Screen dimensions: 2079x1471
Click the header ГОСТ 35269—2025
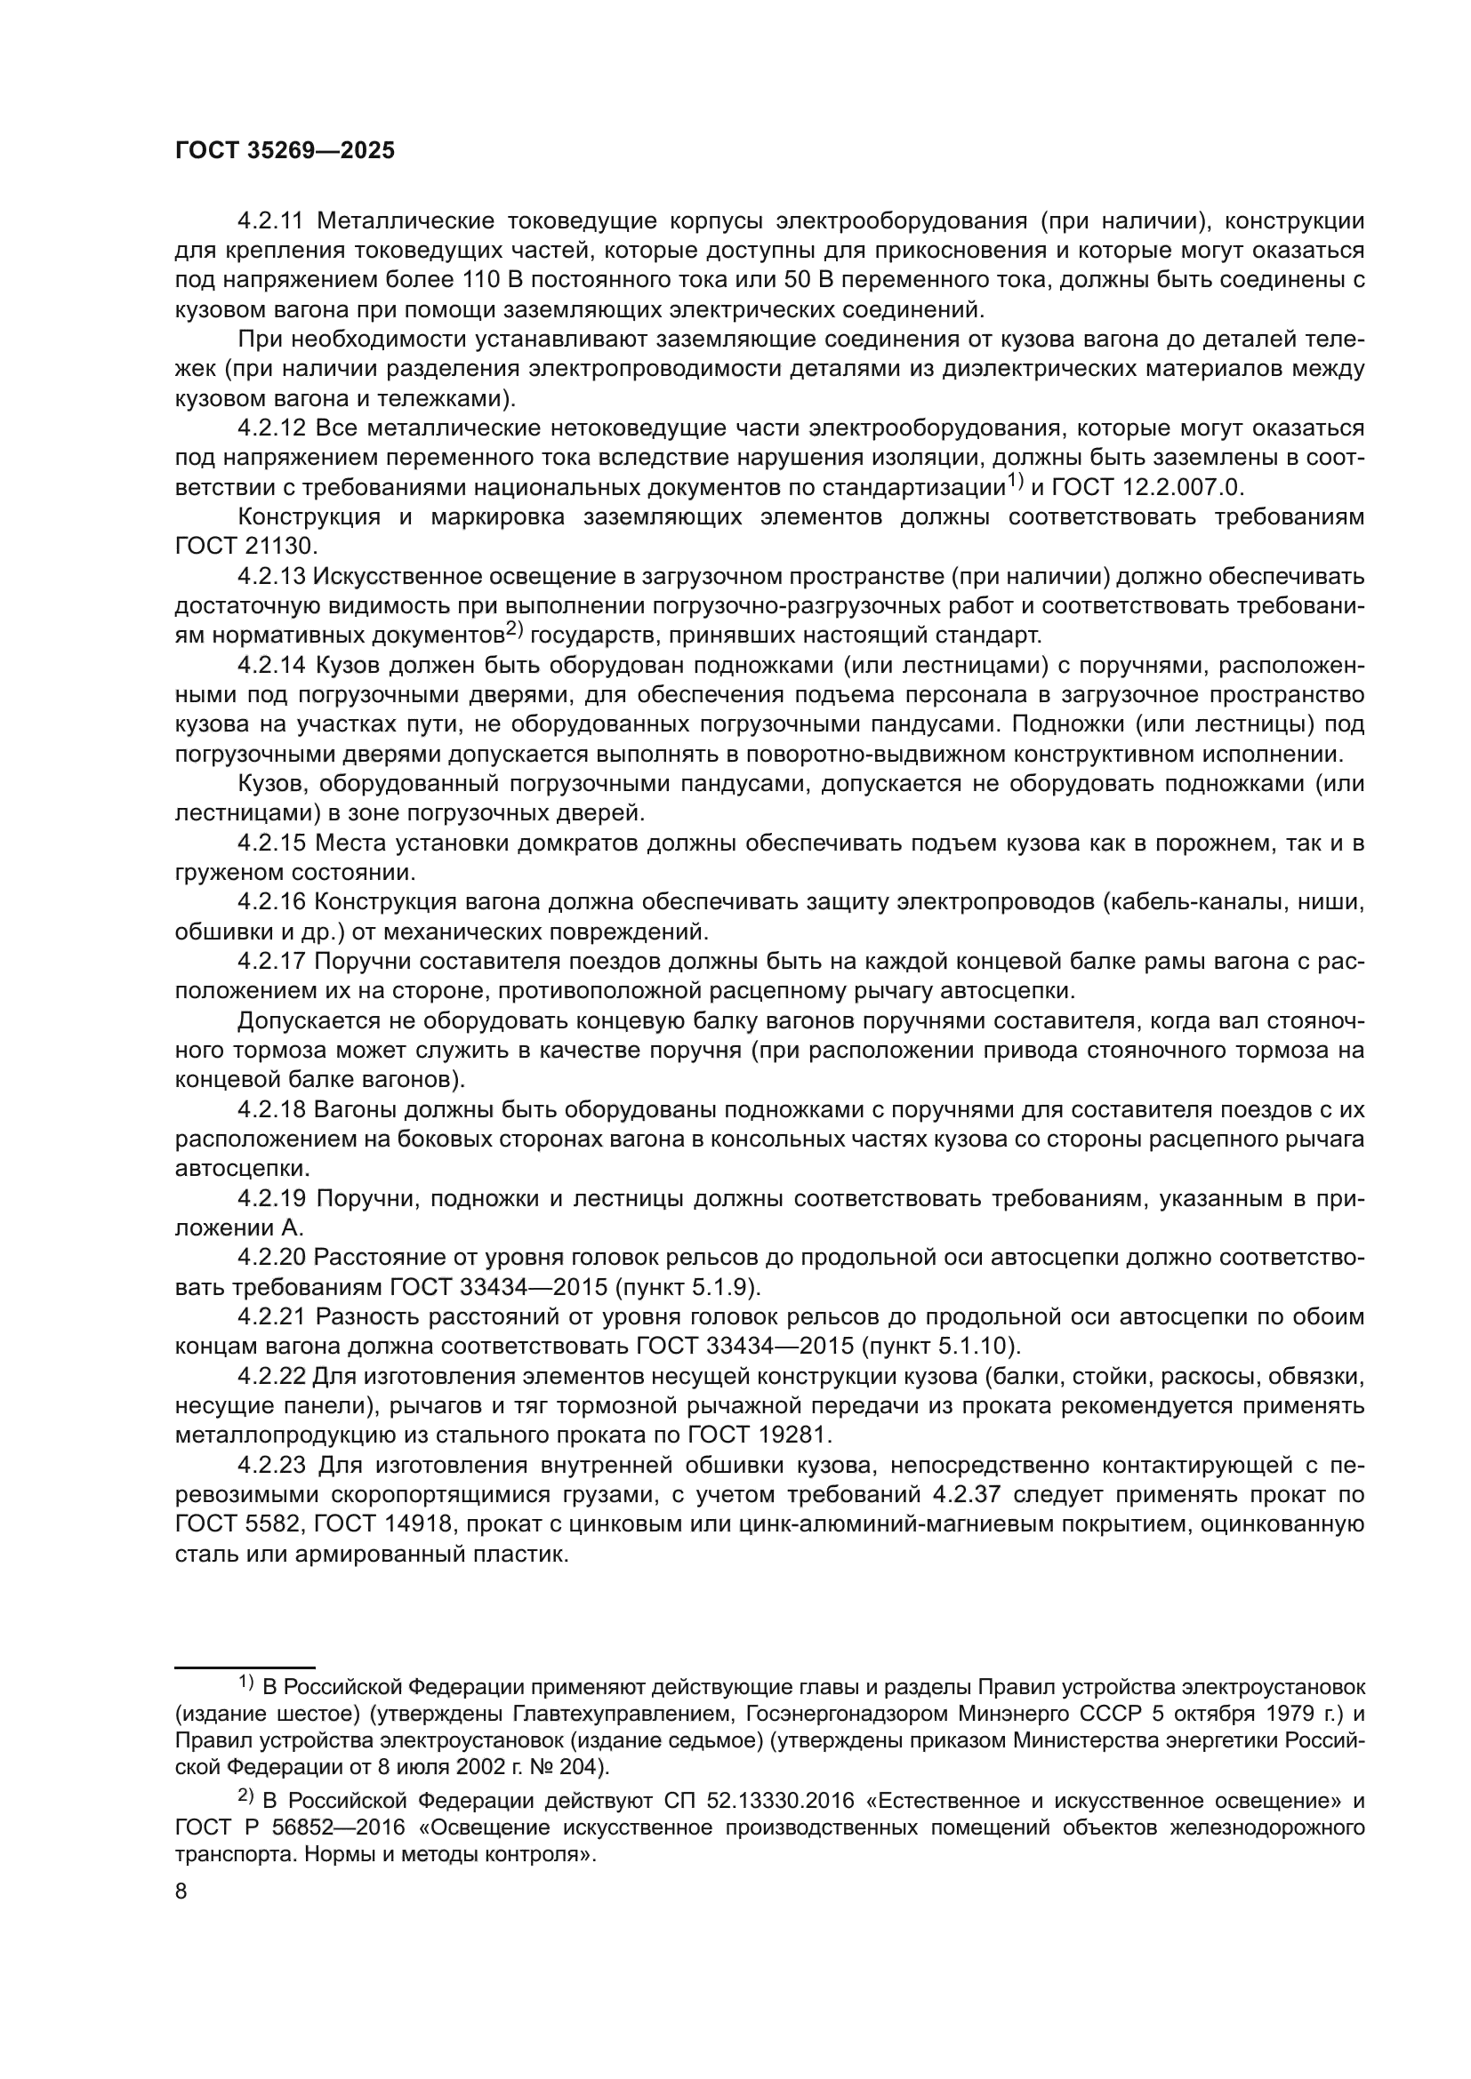point(285,151)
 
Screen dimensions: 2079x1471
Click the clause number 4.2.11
point(273,221)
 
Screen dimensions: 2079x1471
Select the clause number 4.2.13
point(272,577)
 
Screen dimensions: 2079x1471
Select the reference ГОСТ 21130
point(243,547)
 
